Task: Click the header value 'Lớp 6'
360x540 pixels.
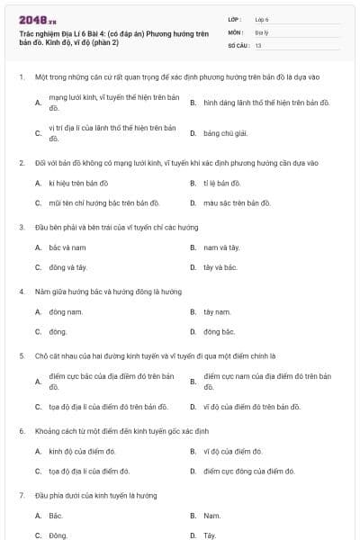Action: [x=262, y=18]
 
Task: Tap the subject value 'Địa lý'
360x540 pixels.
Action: [x=262, y=31]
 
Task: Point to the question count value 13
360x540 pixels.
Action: [x=258, y=44]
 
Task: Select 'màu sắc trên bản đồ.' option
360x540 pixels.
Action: [x=236, y=202]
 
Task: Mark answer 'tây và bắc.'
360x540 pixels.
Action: [x=220, y=267]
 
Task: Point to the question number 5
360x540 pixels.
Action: [x=21, y=355]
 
